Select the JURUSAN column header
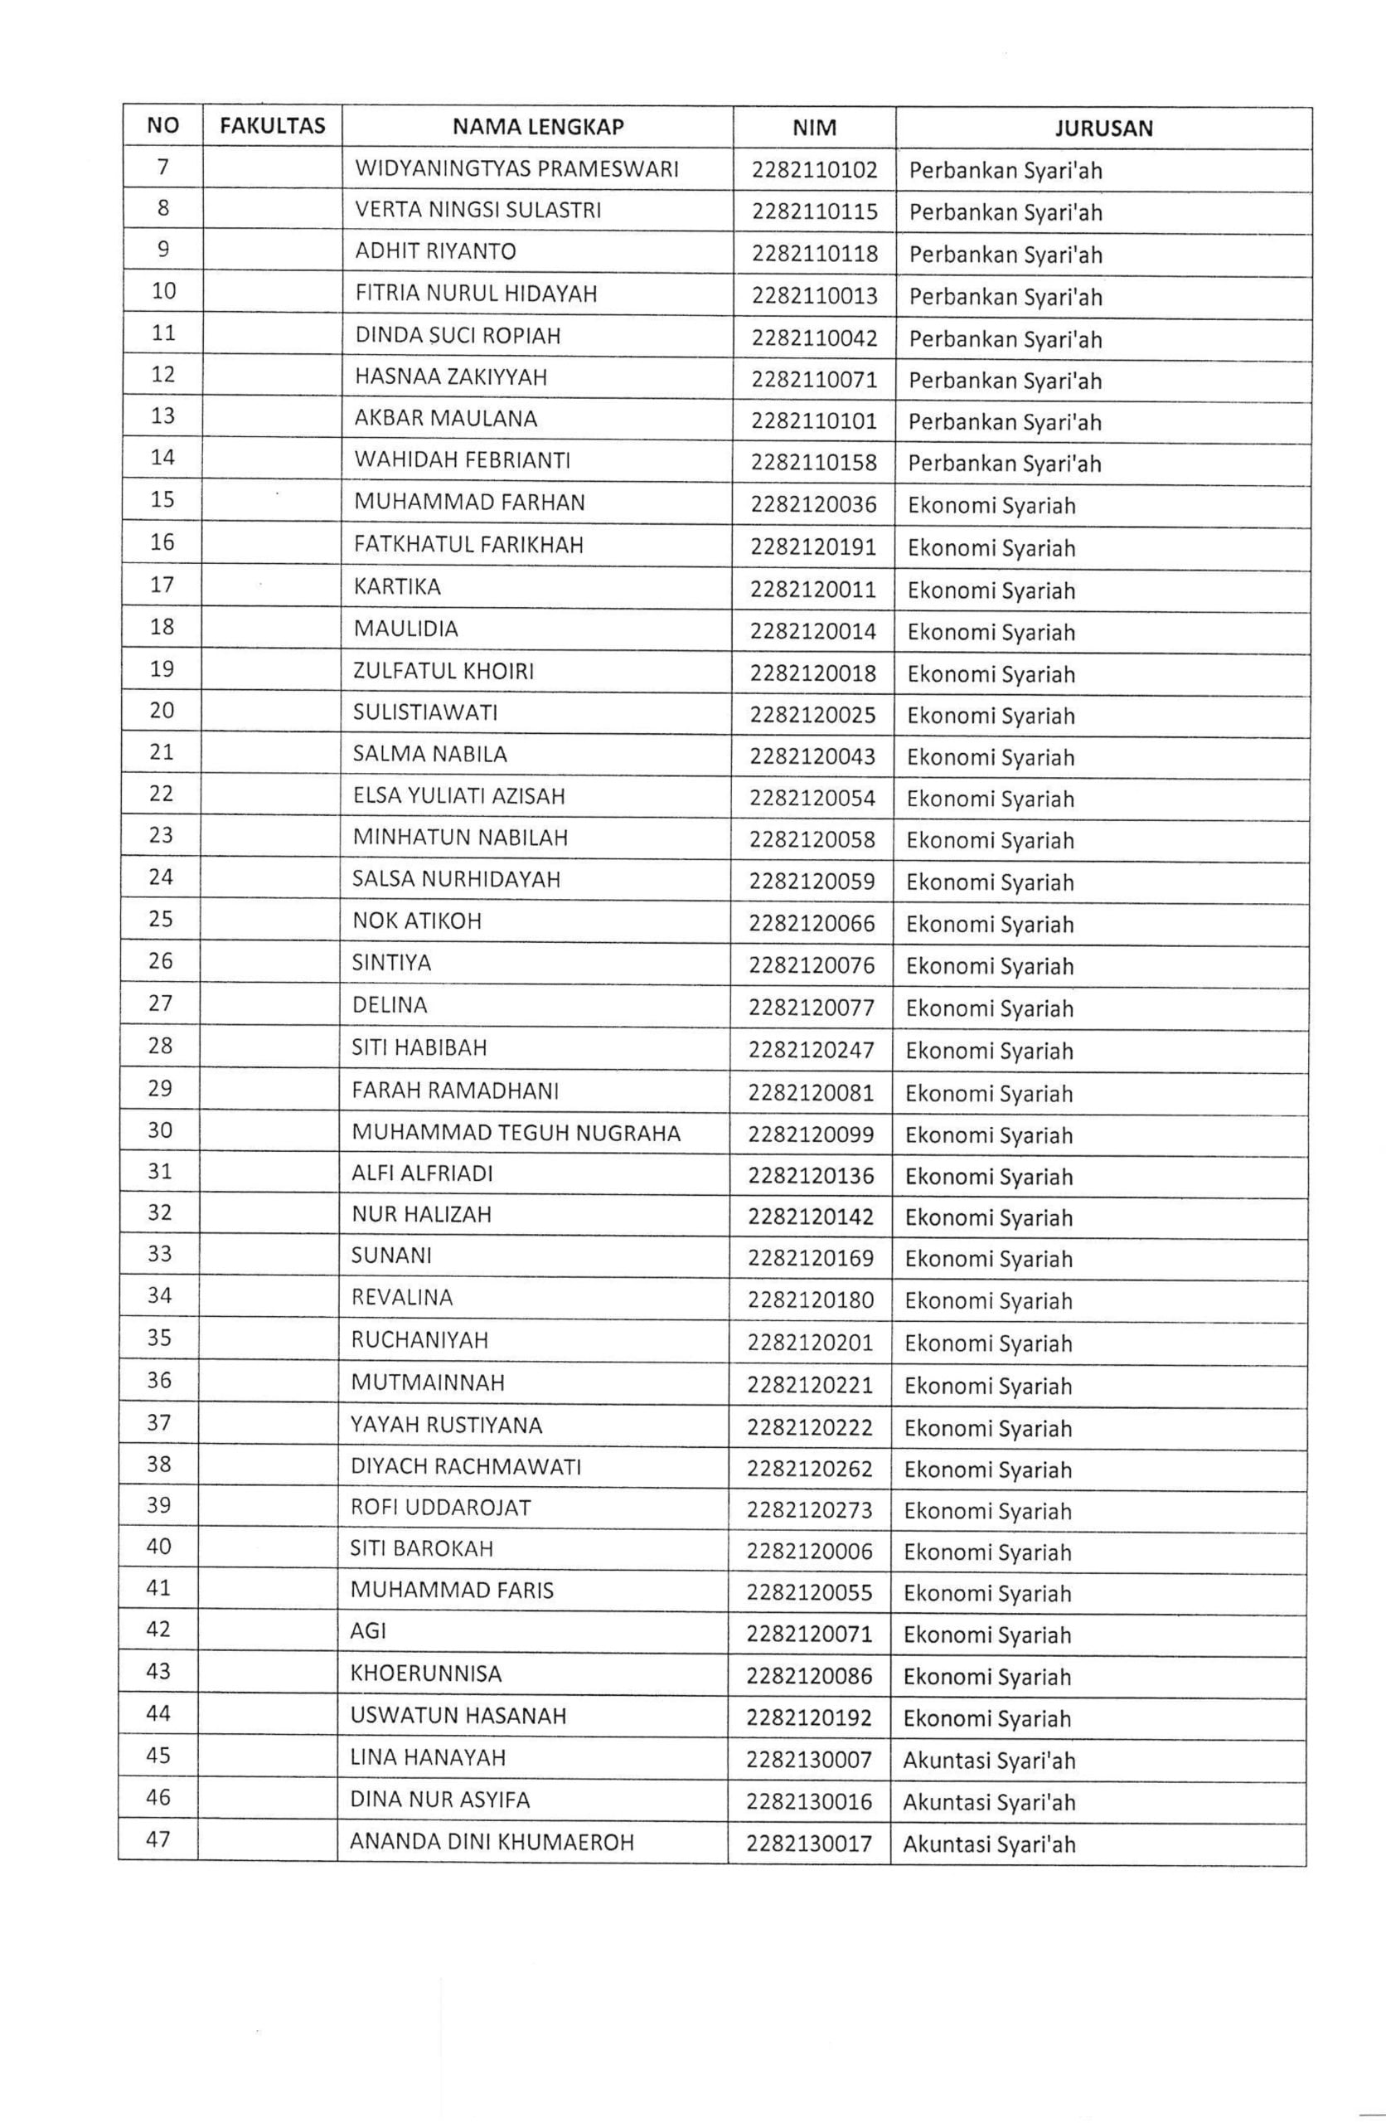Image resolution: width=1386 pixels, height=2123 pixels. coord(1103,128)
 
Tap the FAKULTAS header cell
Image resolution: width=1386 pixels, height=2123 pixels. coord(272,126)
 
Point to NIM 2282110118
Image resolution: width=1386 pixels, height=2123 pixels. coord(814,253)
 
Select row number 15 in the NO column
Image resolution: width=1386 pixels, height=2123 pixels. coord(162,499)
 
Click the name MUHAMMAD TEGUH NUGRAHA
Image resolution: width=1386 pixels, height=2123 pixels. coord(516,1133)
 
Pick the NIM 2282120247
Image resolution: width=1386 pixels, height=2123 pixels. coord(812,1050)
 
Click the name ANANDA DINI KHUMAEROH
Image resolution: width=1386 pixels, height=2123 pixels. coord(492,1842)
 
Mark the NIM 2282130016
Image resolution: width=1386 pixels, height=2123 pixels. coord(809,1802)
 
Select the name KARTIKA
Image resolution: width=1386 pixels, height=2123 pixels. coord(397,587)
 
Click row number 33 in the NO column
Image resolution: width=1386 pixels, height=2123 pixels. coord(160,1254)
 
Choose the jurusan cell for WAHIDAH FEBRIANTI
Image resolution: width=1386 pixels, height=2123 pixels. coord(1005,463)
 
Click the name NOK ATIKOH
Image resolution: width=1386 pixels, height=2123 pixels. coord(416,921)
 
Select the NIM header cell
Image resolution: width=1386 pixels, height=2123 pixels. coord(814,128)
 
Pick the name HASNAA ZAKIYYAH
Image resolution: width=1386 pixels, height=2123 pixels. coord(450,377)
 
